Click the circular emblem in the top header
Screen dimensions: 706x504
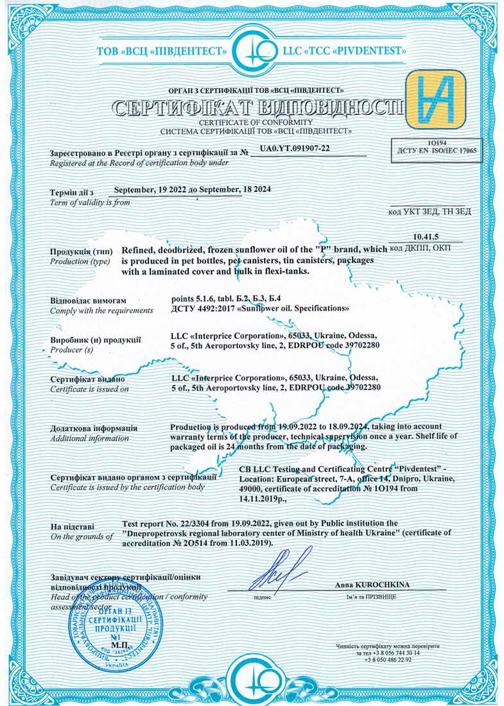252,51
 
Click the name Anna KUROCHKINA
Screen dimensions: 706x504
372,585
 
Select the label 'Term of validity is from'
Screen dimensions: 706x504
89,203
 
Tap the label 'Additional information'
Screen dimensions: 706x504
89,438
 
